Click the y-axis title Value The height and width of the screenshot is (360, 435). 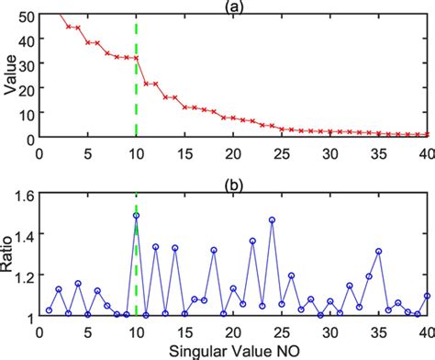pyautogui.click(x=10, y=76)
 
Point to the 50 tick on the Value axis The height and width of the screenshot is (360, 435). pyautogui.click(x=27, y=16)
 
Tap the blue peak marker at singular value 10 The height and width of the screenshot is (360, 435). pyautogui.click(x=136, y=216)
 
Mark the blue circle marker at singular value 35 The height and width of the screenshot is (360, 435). pyautogui.click(x=378, y=251)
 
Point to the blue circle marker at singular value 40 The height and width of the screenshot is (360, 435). pyautogui.click(x=428, y=296)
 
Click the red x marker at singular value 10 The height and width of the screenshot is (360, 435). pyautogui.click(x=136, y=58)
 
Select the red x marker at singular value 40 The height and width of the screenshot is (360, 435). pyautogui.click(x=428, y=135)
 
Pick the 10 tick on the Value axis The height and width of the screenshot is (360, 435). pyautogui.click(x=27, y=113)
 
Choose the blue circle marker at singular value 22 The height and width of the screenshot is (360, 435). pyautogui.click(x=252, y=242)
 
